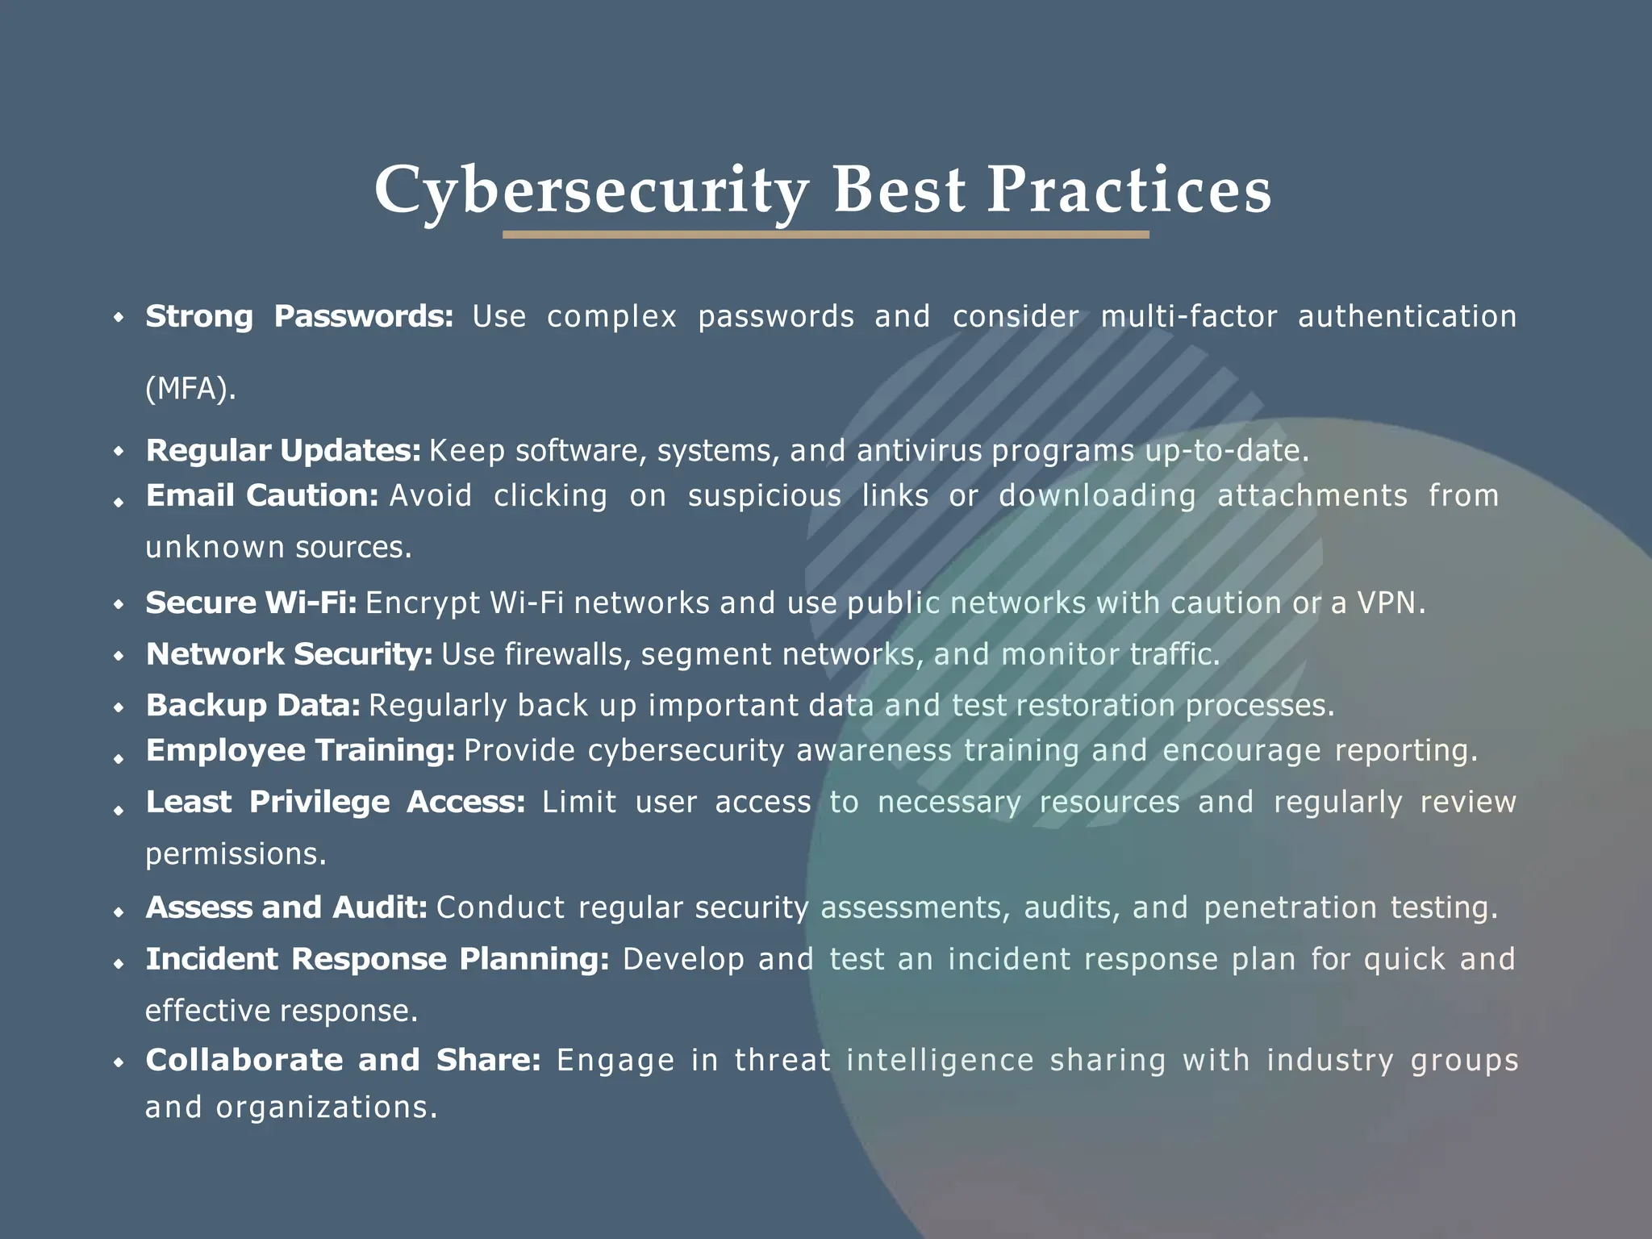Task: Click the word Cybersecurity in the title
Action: (x=591, y=190)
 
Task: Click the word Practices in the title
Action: (x=1129, y=190)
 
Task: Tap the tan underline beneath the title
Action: (x=825, y=235)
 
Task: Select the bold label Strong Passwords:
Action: (x=299, y=316)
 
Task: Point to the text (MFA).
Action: (x=191, y=389)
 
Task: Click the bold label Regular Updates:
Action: (x=283, y=450)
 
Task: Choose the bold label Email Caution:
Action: (x=262, y=495)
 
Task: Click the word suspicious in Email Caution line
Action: (x=764, y=495)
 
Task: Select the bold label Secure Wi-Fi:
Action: (x=251, y=603)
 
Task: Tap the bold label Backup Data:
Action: (x=253, y=705)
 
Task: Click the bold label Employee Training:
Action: (x=301, y=750)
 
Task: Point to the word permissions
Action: (x=236, y=853)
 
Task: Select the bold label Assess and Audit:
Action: (x=286, y=907)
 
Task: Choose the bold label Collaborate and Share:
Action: (x=343, y=1060)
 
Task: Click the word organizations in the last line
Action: (x=326, y=1107)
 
